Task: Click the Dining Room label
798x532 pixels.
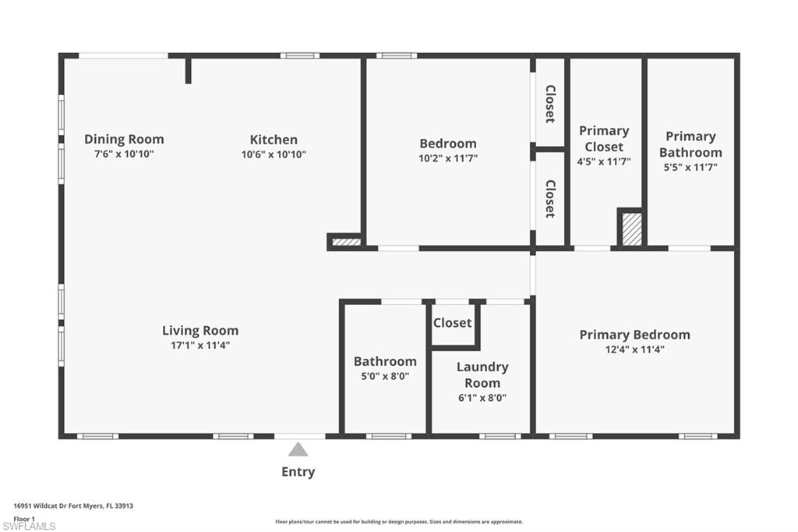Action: click(124, 140)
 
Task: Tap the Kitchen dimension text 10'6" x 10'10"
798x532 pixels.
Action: click(274, 154)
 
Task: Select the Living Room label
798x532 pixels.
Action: click(200, 330)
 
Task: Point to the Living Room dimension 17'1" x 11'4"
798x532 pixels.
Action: click(200, 345)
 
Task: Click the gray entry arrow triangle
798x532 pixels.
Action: click(298, 449)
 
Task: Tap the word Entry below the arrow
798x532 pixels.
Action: click(298, 471)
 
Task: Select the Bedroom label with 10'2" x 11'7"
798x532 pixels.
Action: click(448, 144)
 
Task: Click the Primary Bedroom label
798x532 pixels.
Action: click(634, 335)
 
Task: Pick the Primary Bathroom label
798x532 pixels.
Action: click(690, 144)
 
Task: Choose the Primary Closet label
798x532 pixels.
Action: click(604, 139)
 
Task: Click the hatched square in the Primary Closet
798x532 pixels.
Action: click(631, 230)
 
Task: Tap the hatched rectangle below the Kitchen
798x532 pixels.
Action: click(346, 242)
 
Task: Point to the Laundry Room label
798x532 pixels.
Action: click(482, 374)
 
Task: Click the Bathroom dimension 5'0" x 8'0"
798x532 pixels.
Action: click(385, 376)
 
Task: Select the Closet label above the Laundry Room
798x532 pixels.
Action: click(453, 323)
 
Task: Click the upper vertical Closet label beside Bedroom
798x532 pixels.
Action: click(550, 104)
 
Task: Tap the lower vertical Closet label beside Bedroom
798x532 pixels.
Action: click(550, 198)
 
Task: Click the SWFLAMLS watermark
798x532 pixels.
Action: click(29, 527)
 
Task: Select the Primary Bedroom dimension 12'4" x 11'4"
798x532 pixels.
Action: click(634, 349)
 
